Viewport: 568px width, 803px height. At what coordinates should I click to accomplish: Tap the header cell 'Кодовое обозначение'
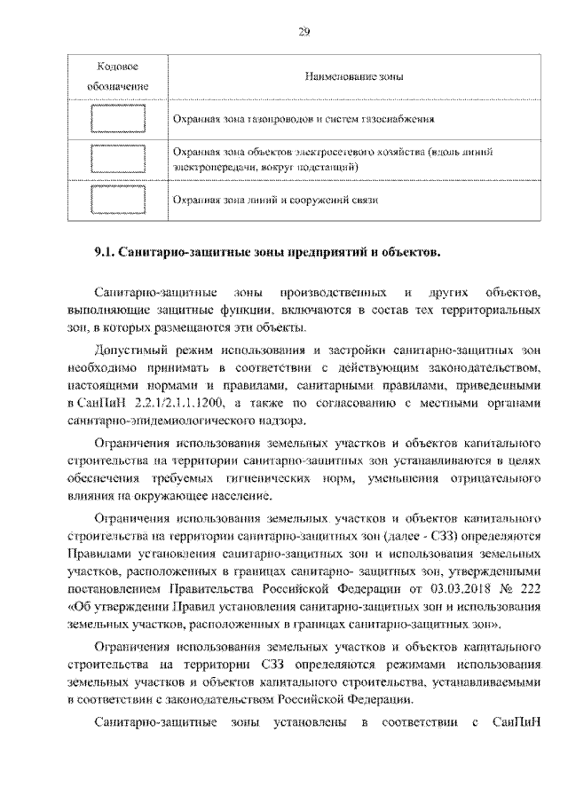click(x=117, y=77)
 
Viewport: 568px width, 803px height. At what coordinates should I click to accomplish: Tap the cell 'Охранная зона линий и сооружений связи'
click(x=275, y=201)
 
